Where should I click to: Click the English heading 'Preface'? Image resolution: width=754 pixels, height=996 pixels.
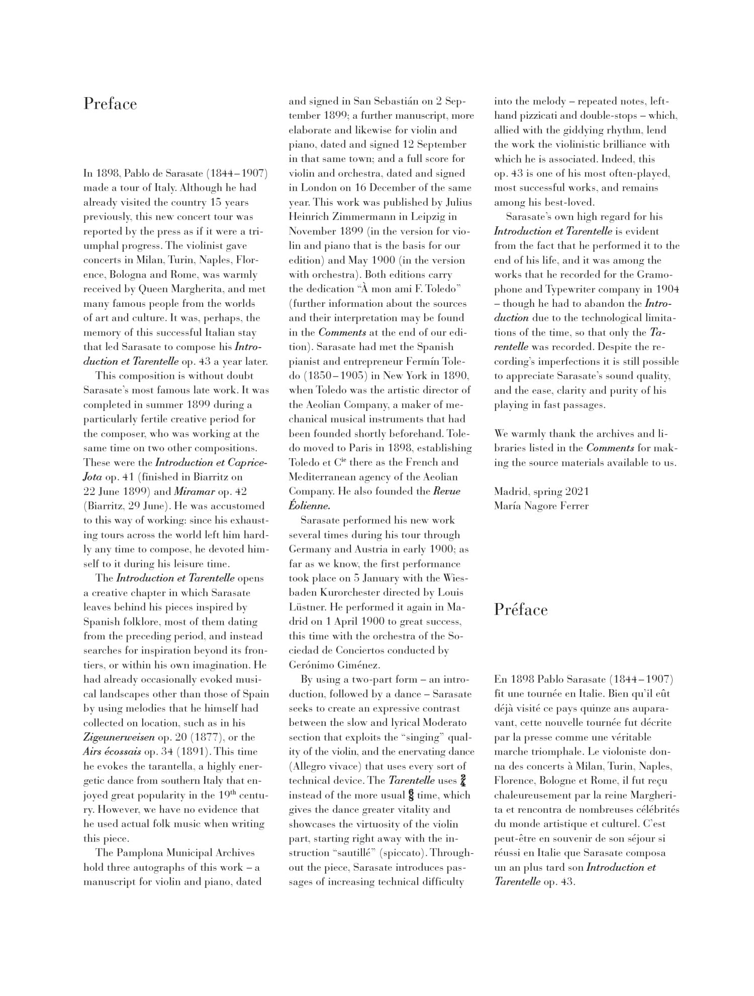coord(110,104)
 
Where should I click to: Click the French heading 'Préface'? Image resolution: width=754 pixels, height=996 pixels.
coord(520,609)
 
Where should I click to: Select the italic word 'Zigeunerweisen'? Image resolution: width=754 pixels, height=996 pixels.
coord(119,737)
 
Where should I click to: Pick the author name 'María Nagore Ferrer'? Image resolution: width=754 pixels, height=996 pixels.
coord(541,506)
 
